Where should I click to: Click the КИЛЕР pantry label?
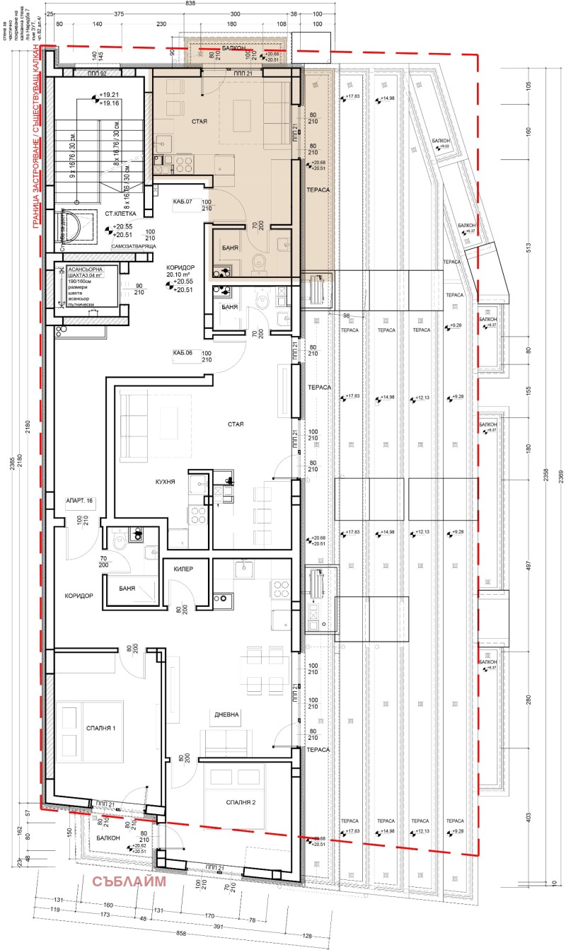192,569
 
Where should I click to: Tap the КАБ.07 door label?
183,202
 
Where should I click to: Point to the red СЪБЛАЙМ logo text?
129,881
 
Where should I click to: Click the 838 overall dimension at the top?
190,4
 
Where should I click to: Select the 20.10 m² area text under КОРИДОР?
180,274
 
